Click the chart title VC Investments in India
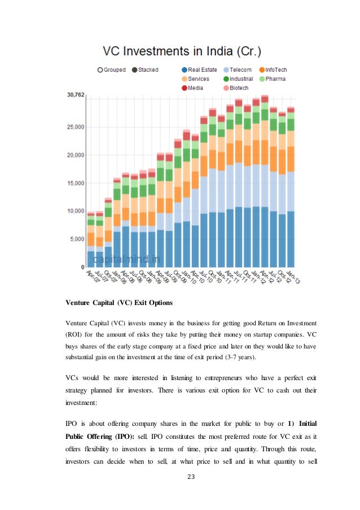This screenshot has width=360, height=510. [180, 53]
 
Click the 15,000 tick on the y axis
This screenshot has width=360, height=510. [75, 183]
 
